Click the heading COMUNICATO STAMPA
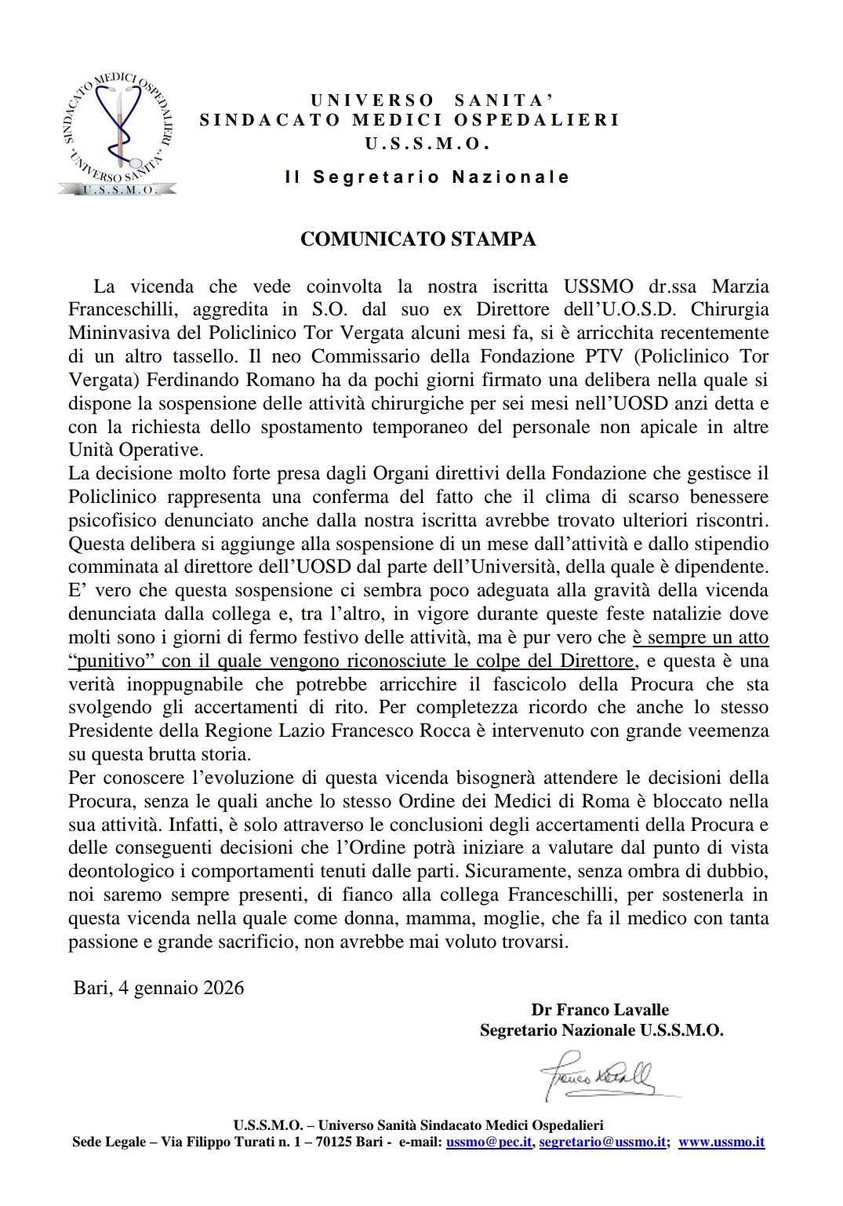tap(418, 239)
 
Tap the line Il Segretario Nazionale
tap(427, 177)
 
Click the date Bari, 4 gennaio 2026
tap(159, 987)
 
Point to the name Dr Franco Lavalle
tap(600, 1010)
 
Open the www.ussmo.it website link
tap(721, 1142)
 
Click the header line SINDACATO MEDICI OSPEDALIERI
tap(409, 120)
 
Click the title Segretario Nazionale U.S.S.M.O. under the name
tap(601, 1030)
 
